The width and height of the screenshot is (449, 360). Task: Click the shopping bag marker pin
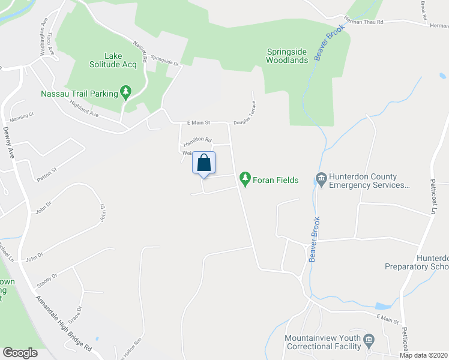[203, 163]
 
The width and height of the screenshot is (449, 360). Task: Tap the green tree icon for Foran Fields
[244, 178]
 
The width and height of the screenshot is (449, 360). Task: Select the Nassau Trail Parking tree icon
[125, 92]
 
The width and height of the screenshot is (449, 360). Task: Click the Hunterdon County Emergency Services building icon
[321, 178]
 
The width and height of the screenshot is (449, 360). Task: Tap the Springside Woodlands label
[288, 56]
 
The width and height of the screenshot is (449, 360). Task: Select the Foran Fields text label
[275, 180]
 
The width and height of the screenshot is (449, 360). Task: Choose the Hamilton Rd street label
[197, 142]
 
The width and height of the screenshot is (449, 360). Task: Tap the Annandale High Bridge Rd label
[63, 323]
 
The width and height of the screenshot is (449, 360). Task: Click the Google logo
[20, 353]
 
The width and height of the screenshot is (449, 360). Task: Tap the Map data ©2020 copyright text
[423, 355]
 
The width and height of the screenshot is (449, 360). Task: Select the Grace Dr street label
[74, 313]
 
